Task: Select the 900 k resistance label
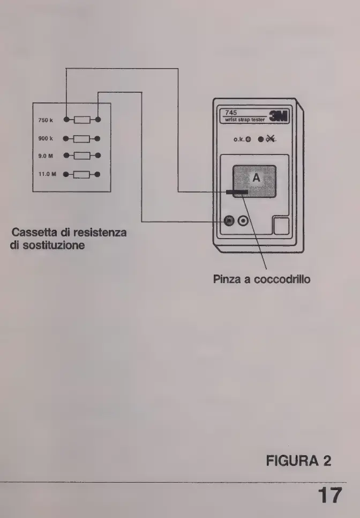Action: pos(45,138)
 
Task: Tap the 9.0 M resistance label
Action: pos(45,156)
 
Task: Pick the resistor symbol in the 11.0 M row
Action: pos(82,174)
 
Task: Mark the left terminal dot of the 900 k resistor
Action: pos(65,138)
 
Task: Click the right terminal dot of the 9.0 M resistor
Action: pos(99,156)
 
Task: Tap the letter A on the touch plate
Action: pos(256,179)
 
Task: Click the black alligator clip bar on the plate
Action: pos(237,192)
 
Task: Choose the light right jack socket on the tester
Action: pos(244,221)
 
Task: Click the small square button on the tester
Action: pos(281,226)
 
